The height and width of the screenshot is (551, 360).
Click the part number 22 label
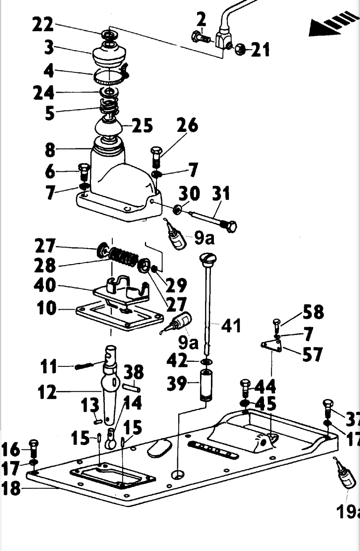[43, 25]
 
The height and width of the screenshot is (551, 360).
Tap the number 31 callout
[221, 194]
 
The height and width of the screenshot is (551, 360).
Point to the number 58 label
[313, 312]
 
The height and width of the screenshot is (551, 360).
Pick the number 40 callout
[45, 286]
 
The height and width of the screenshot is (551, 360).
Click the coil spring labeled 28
[123, 257]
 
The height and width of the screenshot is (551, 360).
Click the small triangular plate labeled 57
[270, 346]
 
